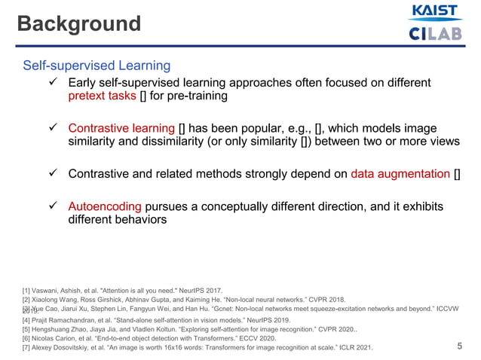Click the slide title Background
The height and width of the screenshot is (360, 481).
(x=79, y=24)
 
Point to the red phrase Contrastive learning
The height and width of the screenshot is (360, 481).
(x=121, y=128)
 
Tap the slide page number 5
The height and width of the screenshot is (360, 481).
(x=460, y=346)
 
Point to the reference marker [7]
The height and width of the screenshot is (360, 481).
(x=28, y=349)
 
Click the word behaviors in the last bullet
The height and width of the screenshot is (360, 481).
(x=136, y=221)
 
